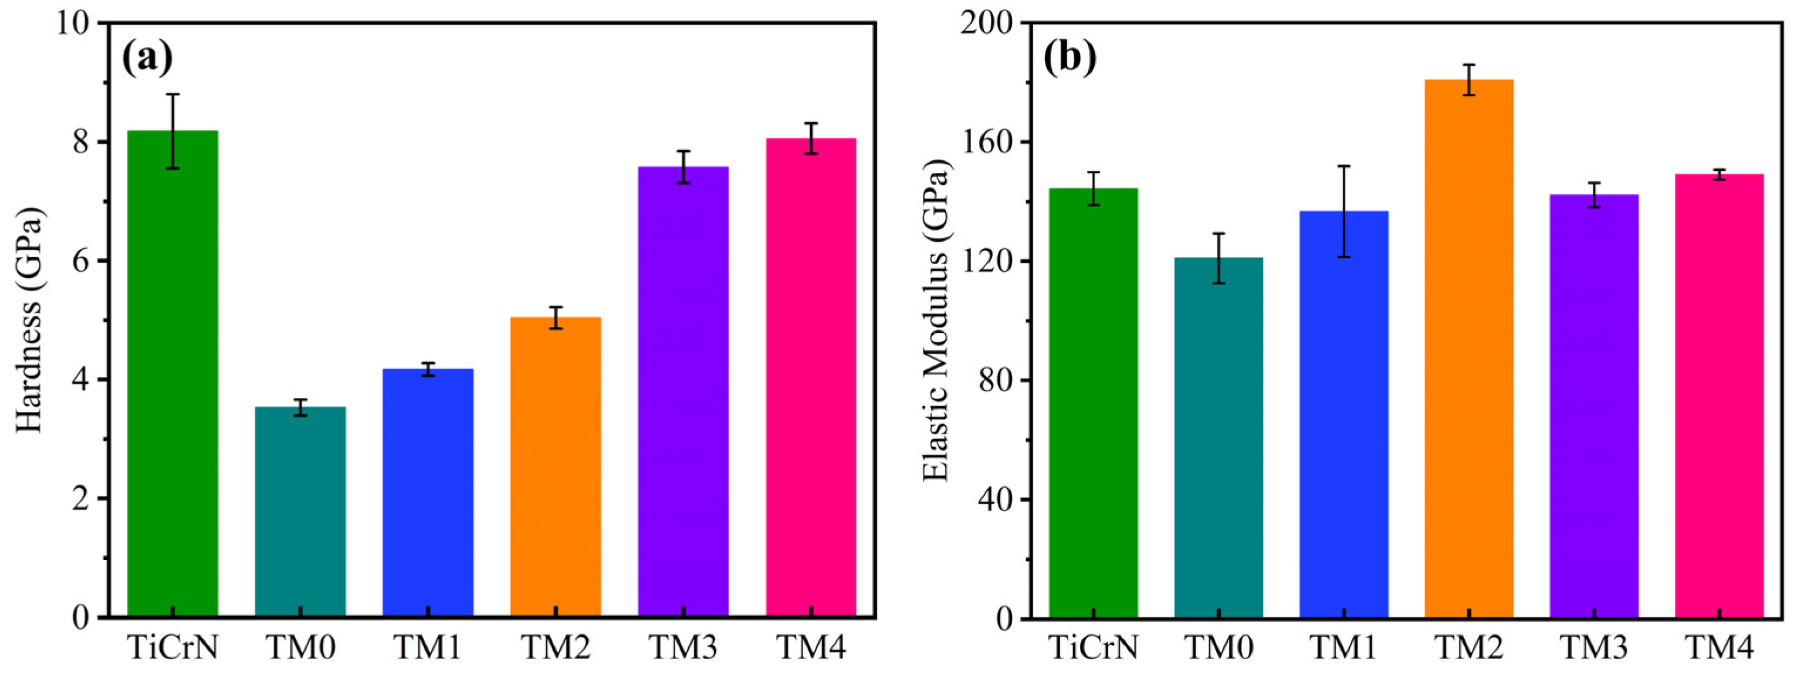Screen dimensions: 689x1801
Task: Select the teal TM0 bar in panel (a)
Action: tap(300, 511)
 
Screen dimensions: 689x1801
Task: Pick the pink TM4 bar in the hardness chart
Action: tap(811, 378)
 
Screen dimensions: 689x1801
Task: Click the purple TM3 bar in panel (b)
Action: tap(1594, 406)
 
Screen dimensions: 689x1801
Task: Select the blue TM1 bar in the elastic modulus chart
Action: tap(1344, 420)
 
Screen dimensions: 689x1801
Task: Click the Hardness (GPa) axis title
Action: tap(29, 320)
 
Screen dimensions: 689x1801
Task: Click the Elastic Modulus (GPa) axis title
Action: tap(937, 320)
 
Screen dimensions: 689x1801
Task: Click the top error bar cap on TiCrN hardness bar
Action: tap(172, 94)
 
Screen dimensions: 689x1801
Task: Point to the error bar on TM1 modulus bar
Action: tap(1344, 211)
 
